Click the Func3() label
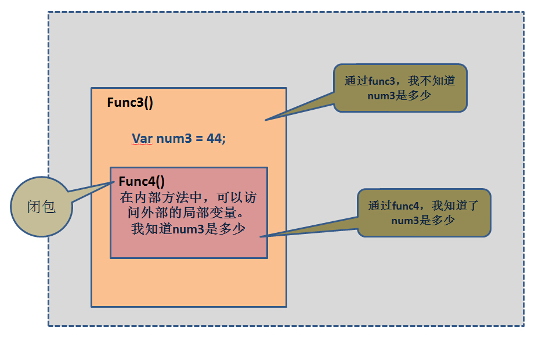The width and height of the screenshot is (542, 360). pos(130,103)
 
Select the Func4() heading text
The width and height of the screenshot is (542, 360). pos(142,181)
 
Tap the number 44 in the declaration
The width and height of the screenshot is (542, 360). pos(214,139)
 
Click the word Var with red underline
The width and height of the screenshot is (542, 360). pos(142,139)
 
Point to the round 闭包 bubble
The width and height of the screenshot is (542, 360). pos(41,207)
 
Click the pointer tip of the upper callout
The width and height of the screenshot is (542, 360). pos(266,120)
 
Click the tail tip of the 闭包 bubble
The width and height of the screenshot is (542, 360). pos(114,182)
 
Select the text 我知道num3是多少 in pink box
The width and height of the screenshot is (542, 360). pos(189,229)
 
